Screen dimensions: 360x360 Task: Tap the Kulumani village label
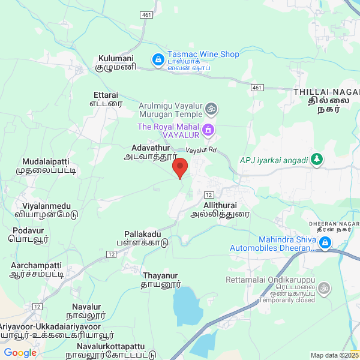(116, 59)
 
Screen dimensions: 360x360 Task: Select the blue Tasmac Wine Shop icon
(158, 59)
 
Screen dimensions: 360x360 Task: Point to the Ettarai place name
(106, 95)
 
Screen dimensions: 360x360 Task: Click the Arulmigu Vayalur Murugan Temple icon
(211, 109)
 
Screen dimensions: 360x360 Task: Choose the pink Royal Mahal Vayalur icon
(208, 128)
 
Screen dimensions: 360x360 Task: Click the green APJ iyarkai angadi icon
(317, 160)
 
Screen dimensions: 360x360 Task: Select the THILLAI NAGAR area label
(326, 92)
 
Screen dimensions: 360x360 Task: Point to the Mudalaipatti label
(46, 162)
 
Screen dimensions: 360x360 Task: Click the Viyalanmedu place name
(46, 206)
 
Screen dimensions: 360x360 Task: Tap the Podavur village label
(28, 230)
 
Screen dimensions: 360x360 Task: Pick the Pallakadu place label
(143, 233)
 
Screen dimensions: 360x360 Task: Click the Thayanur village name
(161, 276)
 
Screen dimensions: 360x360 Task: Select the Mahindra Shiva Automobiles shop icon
(325, 242)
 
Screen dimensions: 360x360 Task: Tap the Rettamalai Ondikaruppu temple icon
(324, 288)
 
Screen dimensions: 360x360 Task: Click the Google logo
(20, 353)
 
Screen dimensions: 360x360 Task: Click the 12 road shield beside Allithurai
(209, 195)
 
